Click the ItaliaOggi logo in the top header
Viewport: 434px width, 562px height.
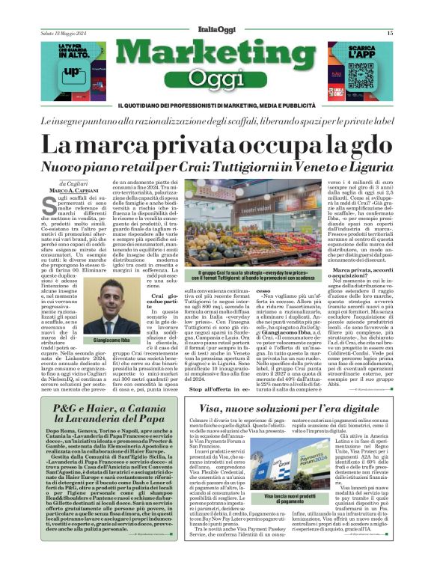pos(216,31)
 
